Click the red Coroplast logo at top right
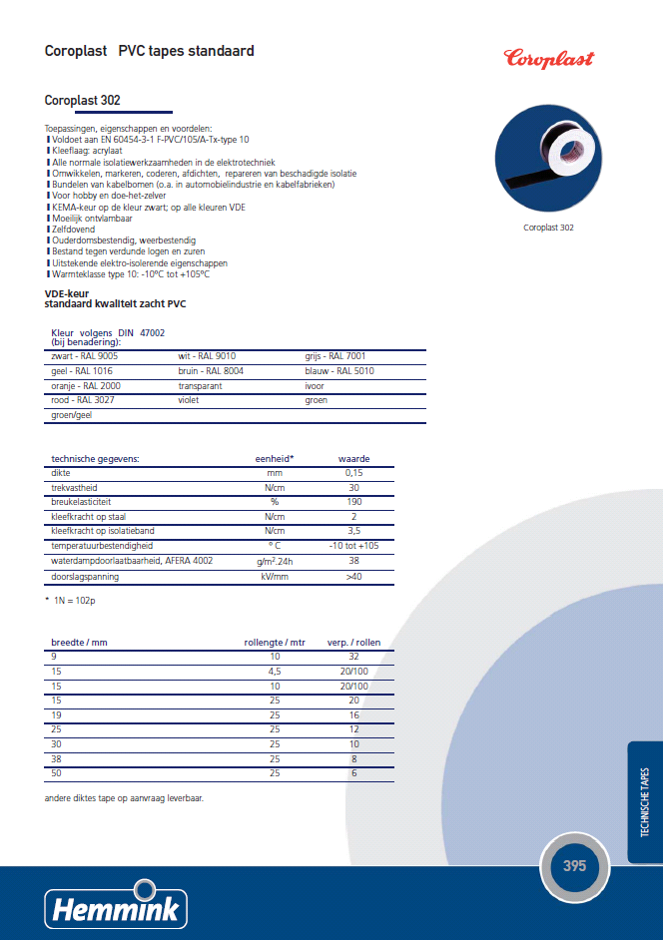tap(548, 57)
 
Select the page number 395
tap(574, 865)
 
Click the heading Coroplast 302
tap(83, 100)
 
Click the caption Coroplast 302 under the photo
tap(548, 228)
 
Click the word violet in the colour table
tap(189, 399)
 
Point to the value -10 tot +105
tap(353, 546)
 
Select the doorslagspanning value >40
tap(353, 576)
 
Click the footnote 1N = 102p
tap(75, 599)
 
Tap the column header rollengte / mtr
tap(275, 643)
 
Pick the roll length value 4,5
tap(275, 672)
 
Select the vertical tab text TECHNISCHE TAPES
tap(645, 802)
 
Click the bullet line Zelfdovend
tap(72, 230)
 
